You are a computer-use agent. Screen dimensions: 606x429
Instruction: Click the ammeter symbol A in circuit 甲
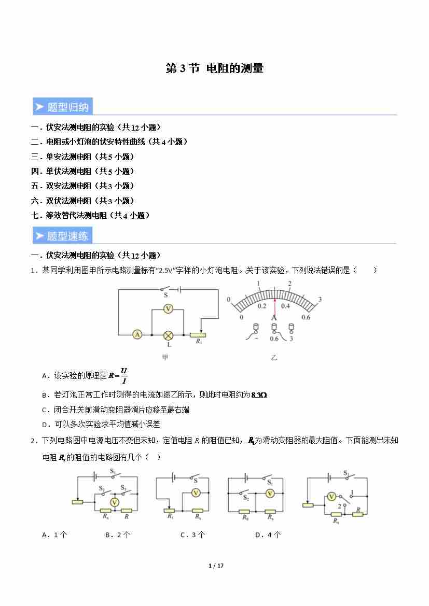tap(137, 334)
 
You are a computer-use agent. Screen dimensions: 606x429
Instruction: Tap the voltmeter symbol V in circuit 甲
tap(168, 308)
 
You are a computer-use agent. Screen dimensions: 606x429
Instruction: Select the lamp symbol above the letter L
tap(168, 334)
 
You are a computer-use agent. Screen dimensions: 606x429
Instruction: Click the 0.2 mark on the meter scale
tap(262, 306)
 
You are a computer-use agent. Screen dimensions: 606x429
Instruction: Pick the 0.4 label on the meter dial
tap(285, 306)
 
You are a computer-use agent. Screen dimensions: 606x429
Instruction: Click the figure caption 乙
tap(274, 357)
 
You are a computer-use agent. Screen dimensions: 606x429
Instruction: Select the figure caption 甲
tap(165, 357)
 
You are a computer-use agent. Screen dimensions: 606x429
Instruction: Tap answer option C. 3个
tap(192, 535)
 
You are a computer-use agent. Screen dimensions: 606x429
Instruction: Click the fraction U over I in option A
tap(123, 375)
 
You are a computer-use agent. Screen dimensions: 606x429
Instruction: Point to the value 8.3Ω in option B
tap(258, 395)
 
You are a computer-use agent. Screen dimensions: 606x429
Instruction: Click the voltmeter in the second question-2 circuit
tap(196, 492)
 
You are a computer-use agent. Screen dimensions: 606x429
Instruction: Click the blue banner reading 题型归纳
tap(62, 107)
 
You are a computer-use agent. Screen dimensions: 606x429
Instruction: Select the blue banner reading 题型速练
tap(62, 236)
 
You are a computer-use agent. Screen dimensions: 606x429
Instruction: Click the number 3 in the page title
tap(183, 68)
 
